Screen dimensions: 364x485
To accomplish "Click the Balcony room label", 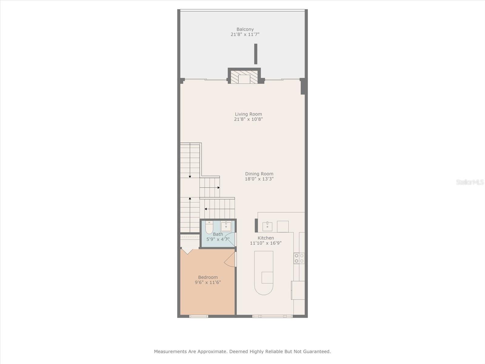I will coord(245,29).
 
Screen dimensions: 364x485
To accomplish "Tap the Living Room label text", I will coord(248,114).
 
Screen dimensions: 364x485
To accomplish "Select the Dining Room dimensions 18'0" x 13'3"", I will coord(259,179).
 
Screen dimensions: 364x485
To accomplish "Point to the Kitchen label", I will coord(266,238).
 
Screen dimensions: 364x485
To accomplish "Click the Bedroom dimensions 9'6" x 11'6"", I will coord(208,282).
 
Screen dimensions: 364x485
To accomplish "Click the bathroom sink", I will coord(226,226).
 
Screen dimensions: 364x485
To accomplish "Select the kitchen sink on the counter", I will coord(267,226).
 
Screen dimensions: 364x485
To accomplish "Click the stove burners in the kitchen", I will coord(299,258).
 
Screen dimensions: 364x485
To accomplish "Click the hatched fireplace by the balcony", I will coord(244,77).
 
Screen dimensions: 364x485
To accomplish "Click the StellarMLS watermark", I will coord(470,182).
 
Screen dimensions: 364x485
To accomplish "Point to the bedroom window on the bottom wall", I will coord(199,316).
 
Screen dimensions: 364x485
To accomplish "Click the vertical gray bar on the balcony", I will coord(256,54).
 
